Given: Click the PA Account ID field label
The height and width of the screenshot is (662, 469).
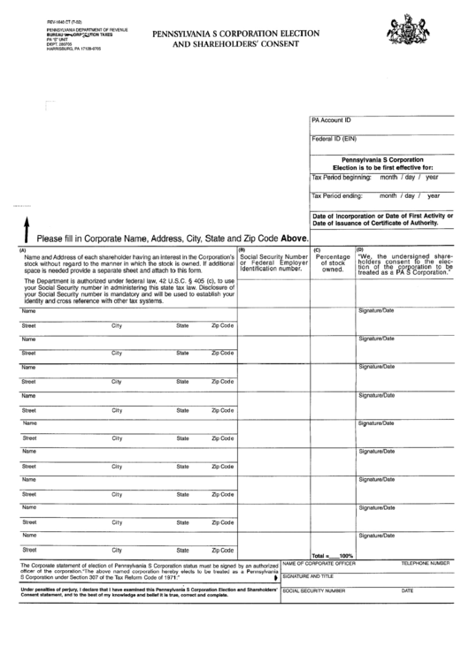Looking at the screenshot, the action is pos(331,118).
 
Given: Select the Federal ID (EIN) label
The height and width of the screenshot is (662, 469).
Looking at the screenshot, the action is pos(334,139).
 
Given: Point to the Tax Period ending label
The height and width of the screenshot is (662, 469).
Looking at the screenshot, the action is pos(337,195).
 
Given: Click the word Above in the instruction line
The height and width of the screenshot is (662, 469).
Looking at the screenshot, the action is pos(294,239).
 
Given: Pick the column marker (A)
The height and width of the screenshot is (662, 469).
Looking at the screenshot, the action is pos(23,248).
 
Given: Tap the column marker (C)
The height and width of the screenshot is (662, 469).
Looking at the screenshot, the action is pos(315,249).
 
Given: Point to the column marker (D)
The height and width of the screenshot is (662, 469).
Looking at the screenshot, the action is pos(360,249).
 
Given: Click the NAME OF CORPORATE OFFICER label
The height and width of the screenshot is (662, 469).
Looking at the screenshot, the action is pos(319,563).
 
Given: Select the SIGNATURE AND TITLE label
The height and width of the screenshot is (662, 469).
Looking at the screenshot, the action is pos(307,576).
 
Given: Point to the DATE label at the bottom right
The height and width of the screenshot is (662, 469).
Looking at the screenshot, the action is pos(407,590).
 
